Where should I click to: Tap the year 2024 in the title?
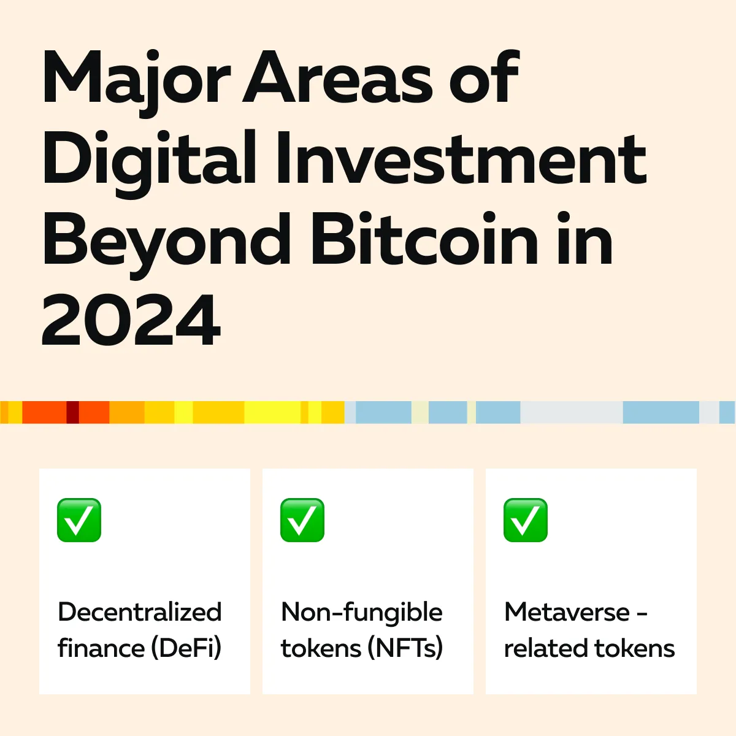[x=131, y=320]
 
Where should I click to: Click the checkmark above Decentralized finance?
[x=79, y=520]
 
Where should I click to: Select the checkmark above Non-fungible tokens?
[x=302, y=520]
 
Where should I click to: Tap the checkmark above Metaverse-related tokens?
[x=526, y=520]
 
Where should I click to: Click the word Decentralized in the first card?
[x=140, y=612]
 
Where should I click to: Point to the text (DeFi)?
[x=186, y=648]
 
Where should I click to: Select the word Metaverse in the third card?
[x=567, y=612]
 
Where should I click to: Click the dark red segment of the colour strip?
[x=72, y=412]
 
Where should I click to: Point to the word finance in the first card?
[x=101, y=648]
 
